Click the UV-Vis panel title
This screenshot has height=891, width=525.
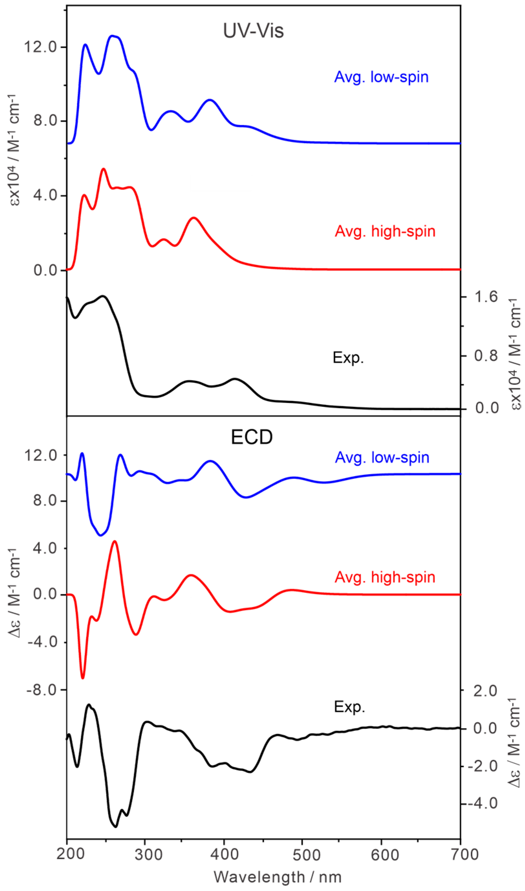point(253,31)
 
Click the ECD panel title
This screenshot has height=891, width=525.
point(252,437)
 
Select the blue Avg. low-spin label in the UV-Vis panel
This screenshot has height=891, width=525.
point(381,77)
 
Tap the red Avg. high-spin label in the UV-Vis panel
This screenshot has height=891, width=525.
point(385,232)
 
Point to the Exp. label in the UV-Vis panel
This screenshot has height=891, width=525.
point(348,358)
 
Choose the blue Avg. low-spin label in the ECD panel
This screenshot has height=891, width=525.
point(382,458)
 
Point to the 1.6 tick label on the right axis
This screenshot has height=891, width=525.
point(486,297)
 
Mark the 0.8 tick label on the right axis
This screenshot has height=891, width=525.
point(486,356)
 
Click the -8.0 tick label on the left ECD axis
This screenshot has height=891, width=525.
point(42,690)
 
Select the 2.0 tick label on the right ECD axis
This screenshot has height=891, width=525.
point(485,691)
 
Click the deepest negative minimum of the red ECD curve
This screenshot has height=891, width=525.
point(83,678)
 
